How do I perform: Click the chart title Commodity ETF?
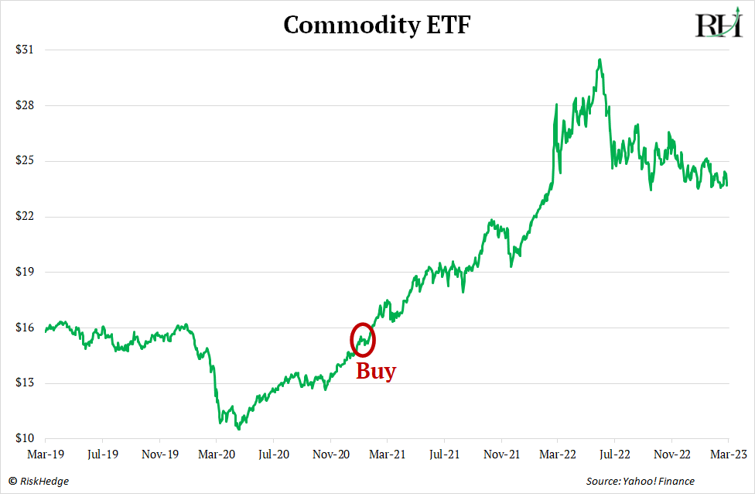pos(377,26)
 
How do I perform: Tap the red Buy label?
pos(375,372)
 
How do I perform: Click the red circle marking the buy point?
pos(362,338)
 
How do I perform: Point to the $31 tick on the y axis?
pos(24,50)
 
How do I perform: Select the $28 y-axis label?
pos(24,105)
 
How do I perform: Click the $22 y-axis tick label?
pos(24,216)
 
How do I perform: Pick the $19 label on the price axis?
pos(24,272)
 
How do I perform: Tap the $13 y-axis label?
pos(24,383)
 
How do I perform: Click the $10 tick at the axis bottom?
pos(24,438)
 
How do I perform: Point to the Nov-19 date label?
pos(160,454)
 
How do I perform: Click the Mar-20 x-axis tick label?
pos(217,454)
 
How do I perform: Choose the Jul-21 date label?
pos(444,454)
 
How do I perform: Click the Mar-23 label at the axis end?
pos(727,454)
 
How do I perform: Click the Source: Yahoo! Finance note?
pos(640,482)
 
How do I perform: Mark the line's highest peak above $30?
pos(600,60)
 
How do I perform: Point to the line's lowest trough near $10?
pos(238,428)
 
